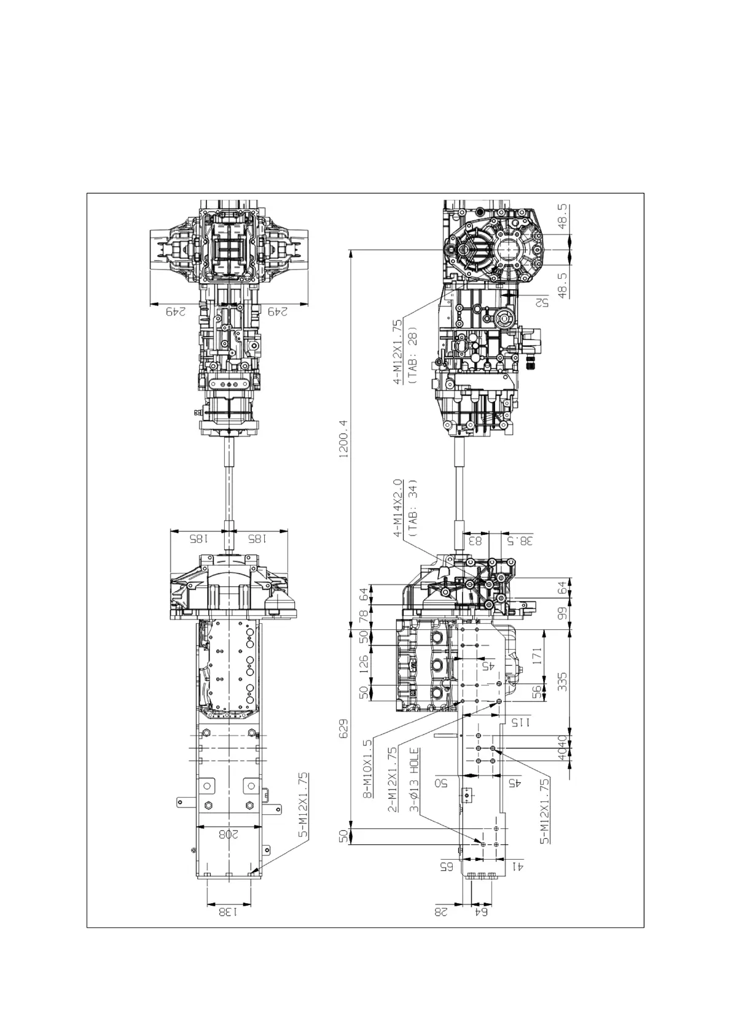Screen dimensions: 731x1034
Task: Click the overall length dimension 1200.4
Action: tap(343, 439)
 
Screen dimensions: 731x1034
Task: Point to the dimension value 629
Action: tap(343, 729)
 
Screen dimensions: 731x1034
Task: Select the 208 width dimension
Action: tap(228, 834)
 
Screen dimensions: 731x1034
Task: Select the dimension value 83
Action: tap(475, 541)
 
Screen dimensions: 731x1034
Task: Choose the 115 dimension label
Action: tap(520, 722)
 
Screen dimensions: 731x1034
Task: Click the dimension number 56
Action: tap(536, 692)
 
